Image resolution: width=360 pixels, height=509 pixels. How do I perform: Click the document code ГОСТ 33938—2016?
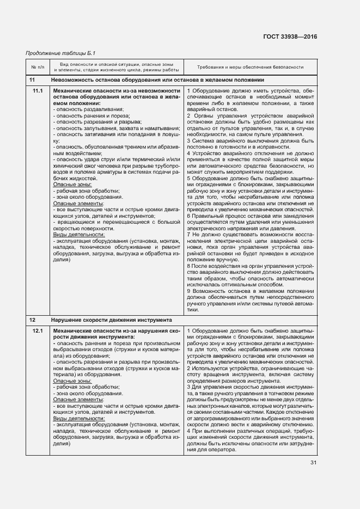click(290, 37)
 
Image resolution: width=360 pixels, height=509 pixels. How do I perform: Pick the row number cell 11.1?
click(38, 90)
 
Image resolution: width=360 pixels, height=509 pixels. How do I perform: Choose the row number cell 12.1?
click(38, 331)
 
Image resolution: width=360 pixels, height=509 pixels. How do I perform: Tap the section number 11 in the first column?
click(32, 79)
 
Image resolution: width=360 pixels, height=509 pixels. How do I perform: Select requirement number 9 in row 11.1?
click(188, 291)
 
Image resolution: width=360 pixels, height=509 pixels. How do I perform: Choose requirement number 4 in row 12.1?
click(188, 431)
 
